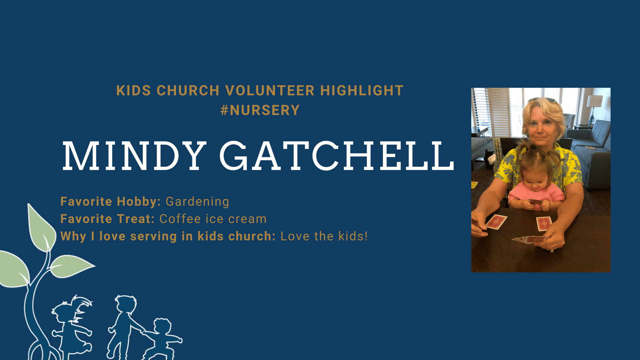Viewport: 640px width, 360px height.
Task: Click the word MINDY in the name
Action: point(134,156)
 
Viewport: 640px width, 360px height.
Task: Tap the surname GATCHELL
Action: point(337,156)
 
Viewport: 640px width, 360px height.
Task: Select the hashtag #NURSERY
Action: point(260,110)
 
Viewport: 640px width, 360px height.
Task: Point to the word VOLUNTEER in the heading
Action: point(270,91)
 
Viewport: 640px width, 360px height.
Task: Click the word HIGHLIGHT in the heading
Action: point(362,91)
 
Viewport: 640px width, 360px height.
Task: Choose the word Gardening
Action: point(197,202)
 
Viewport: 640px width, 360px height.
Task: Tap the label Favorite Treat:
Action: point(107,219)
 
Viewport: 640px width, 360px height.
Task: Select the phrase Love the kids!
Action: point(324,236)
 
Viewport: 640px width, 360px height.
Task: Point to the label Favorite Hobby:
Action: point(111,202)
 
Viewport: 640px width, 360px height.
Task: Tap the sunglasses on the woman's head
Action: point(542,100)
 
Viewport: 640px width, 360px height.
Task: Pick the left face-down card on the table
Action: point(496,222)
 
